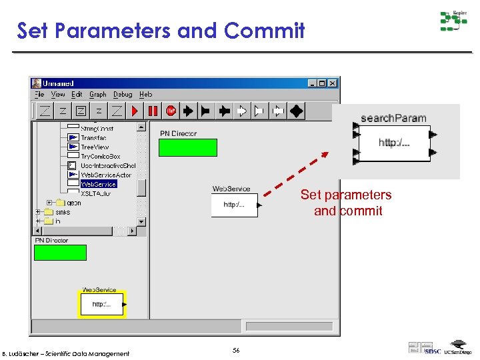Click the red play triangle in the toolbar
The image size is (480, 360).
135,111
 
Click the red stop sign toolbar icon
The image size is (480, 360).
171,111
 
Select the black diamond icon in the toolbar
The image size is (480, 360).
296,111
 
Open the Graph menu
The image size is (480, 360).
98,95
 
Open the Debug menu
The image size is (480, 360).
123,95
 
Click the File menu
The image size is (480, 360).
39,95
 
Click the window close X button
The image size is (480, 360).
333,83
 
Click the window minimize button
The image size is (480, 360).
312,83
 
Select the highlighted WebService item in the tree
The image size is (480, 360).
99,184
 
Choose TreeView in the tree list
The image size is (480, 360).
95,147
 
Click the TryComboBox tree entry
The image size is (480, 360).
100,157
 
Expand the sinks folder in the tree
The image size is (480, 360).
38,212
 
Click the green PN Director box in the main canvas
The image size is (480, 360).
187,147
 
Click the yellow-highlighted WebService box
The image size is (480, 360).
101,305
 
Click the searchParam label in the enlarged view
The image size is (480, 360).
393,118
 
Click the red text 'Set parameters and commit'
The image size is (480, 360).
347,203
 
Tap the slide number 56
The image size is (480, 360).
235,350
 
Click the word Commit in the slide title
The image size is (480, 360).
265,31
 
